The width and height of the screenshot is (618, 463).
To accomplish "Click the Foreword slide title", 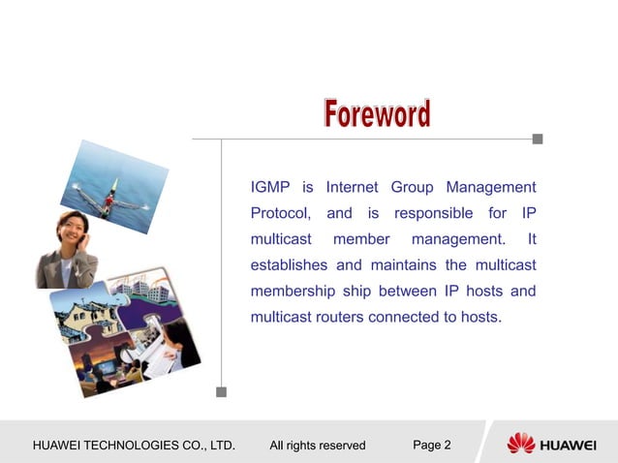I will coord(377,114).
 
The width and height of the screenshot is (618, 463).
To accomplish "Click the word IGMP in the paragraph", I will coord(270,187).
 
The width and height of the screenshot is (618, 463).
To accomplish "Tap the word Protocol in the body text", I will coord(281,213).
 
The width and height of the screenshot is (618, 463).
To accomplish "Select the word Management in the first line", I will coord(491,187).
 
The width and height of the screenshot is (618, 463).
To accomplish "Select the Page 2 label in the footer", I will coord(432,446).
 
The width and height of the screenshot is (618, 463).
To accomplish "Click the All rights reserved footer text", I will coord(318,446).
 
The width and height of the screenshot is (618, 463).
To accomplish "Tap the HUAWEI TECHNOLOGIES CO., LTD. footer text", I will coord(135,446).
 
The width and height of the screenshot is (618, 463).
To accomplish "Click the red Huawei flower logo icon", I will coord(520,444).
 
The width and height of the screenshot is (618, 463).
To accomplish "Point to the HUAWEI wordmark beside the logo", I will coord(568,446).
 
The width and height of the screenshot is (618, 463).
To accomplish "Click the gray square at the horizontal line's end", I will coord(538,139).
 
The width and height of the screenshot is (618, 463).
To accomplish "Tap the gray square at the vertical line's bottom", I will coord(221,392).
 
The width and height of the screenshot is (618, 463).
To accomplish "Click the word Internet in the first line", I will coord(353,187).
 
